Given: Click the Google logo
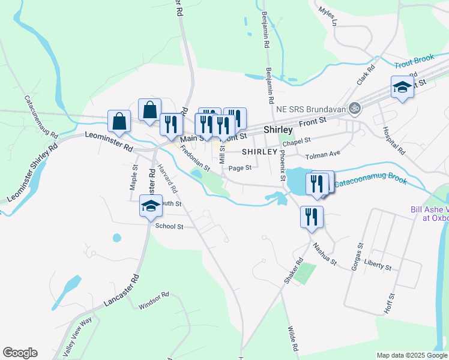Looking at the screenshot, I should click(20, 353).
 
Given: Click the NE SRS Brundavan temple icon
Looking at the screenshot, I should click(355, 109).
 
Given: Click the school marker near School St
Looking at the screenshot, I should click(151, 207).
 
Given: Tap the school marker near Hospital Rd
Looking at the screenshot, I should click(402, 88).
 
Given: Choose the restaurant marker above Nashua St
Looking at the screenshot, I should click(311, 217).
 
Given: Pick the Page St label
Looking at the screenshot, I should click(239, 168).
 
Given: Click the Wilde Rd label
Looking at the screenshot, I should click(293, 339).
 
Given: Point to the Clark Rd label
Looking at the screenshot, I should click(365, 76).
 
